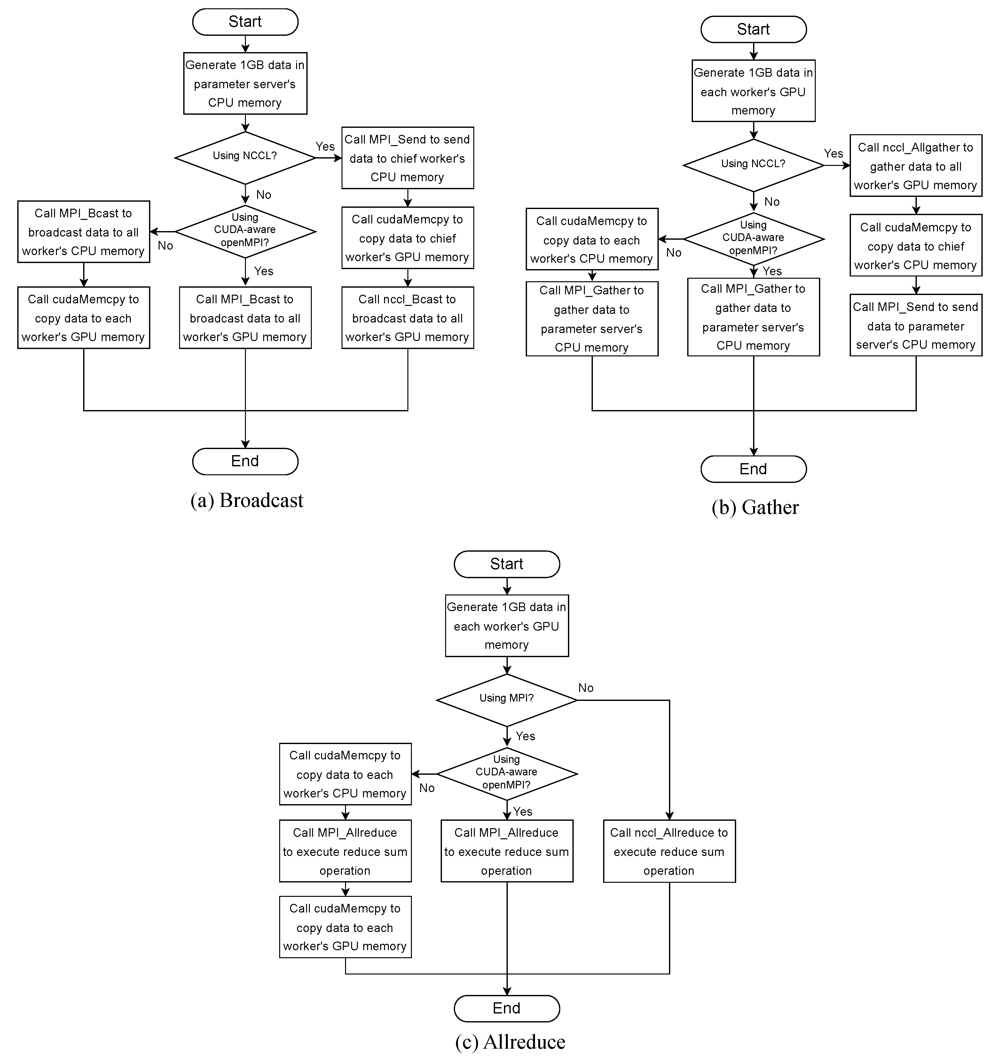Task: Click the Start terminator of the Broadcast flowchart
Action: click(245, 22)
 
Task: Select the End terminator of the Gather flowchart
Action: click(753, 469)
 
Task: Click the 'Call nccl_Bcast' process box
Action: click(407, 318)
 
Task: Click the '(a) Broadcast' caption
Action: click(247, 501)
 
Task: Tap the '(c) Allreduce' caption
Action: click(510, 1042)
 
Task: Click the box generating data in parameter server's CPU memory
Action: click(245, 83)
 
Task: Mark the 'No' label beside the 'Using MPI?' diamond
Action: click(586, 688)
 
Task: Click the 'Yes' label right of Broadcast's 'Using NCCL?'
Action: click(325, 147)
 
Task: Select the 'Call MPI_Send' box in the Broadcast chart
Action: click(407, 158)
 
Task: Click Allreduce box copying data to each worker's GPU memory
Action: click(345, 927)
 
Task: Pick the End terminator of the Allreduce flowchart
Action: click(507, 1008)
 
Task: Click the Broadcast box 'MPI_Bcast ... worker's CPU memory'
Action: click(83, 232)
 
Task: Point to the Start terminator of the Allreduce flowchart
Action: click(507, 564)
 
